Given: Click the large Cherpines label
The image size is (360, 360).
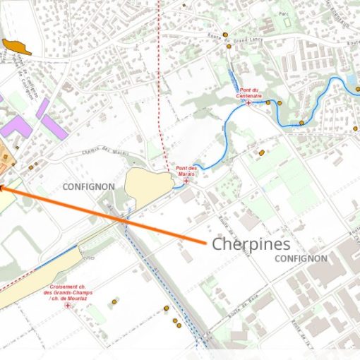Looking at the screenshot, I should click(251, 244).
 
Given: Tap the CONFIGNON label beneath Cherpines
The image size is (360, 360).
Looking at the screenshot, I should click(301, 258).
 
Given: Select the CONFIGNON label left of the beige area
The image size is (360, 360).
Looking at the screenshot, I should click(88, 186).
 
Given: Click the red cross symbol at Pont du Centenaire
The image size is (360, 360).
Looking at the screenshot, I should click(248, 103).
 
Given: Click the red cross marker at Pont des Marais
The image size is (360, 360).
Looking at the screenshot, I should click(186, 181).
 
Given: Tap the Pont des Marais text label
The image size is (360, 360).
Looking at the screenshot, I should click(186, 171).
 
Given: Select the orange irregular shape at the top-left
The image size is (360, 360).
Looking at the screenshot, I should click(17, 47).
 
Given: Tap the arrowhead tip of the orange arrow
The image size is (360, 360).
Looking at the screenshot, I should click(1, 187).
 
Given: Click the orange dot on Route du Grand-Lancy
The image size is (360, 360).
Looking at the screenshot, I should click(225, 35).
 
